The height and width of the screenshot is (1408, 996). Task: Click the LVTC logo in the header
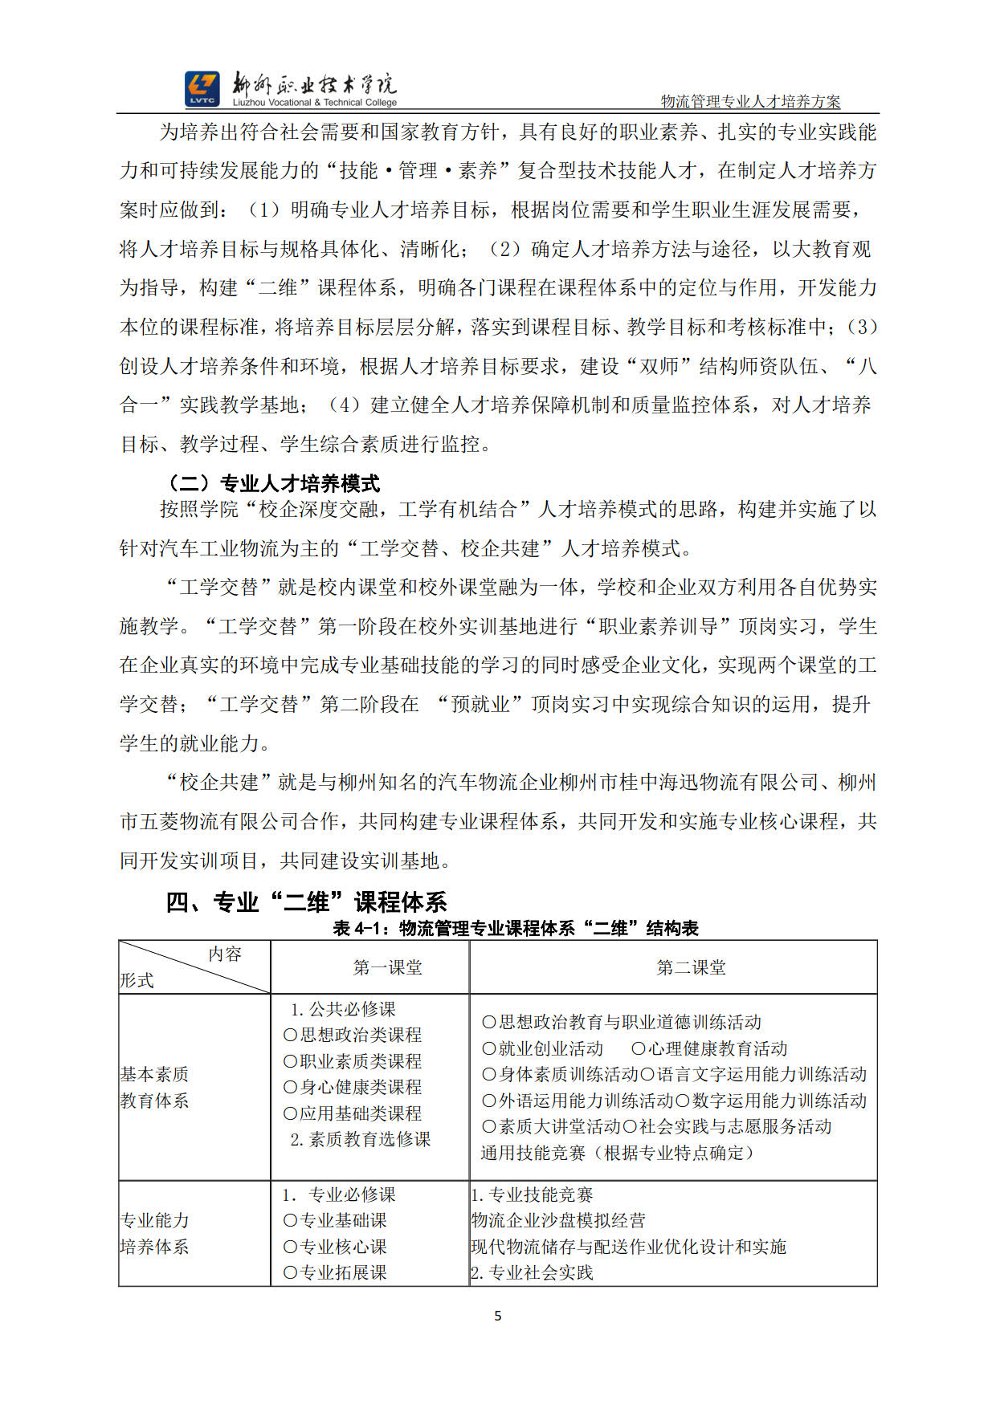pos(202,88)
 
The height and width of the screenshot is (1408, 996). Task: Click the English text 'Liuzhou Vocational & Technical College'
pos(315,103)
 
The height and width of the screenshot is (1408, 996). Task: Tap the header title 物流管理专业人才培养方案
pos(750,102)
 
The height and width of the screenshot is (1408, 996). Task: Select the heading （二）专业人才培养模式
pos(272,483)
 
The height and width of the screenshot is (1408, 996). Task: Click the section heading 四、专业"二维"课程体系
pos(306,902)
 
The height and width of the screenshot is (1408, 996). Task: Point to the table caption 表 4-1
pos(516,929)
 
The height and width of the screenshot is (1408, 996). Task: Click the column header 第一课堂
pos(388,968)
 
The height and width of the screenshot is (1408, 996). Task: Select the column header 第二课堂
pos(691,968)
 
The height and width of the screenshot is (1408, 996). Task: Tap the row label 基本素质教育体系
pos(154,1088)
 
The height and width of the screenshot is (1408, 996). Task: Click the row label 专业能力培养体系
pos(154,1234)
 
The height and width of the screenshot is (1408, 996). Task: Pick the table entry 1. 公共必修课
pos(344,1009)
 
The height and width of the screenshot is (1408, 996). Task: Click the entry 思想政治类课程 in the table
pos(353,1036)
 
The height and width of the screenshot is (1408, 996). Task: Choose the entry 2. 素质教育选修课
pos(361,1139)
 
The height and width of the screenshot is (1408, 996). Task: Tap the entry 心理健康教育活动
pos(709,1048)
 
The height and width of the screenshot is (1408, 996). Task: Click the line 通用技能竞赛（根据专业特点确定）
pos(618,1153)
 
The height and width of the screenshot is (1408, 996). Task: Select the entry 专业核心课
pos(336,1247)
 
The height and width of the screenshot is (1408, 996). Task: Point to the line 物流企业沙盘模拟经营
pos(558,1221)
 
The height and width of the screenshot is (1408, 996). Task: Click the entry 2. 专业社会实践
pos(532,1272)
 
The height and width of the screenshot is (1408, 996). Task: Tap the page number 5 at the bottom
pos(498,1316)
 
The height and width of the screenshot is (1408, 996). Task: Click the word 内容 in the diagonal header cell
pos(225,954)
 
